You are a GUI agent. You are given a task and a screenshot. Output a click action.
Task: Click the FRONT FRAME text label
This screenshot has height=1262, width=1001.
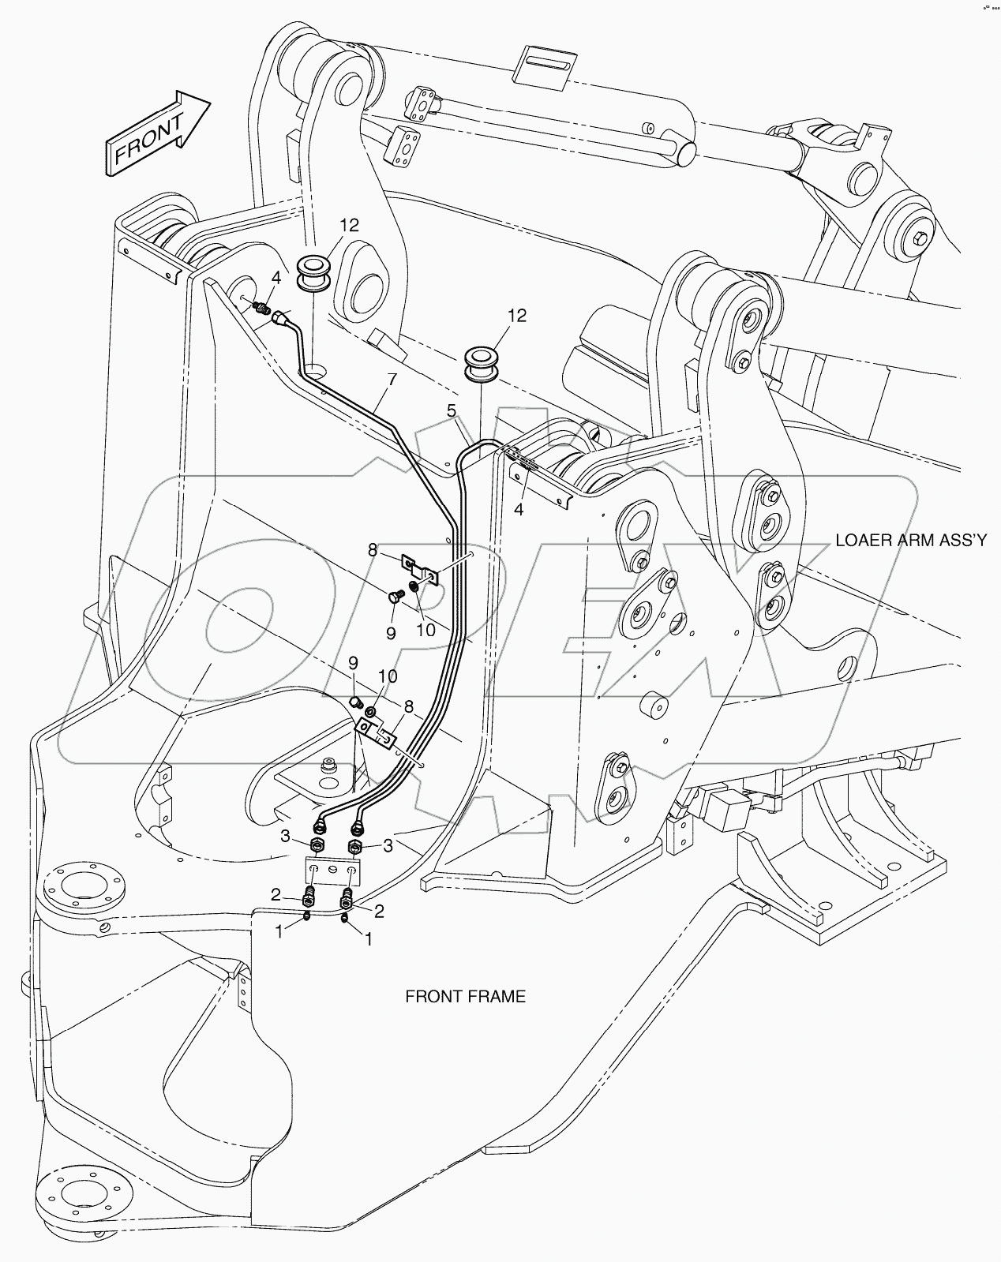click(x=465, y=997)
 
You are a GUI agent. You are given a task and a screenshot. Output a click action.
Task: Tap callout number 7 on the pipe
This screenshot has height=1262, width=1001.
click(x=392, y=380)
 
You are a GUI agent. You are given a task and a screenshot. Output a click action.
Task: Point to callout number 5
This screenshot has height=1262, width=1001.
click(x=452, y=410)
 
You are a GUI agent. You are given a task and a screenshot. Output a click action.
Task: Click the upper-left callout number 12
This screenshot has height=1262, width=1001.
click(x=350, y=226)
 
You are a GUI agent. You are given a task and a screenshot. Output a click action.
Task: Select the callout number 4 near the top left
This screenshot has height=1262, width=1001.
click(x=276, y=278)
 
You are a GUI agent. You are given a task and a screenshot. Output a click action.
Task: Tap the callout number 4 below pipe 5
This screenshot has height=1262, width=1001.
click(x=519, y=510)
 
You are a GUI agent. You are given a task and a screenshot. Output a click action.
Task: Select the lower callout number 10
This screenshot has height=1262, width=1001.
click(x=387, y=677)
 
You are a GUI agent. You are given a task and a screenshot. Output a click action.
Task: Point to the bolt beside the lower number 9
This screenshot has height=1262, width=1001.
click(x=356, y=700)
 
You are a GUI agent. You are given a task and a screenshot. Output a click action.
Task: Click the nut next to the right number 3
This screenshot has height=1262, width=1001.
click(x=355, y=848)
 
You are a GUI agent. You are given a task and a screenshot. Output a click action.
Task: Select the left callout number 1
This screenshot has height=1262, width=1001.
click(x=278, y=931)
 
